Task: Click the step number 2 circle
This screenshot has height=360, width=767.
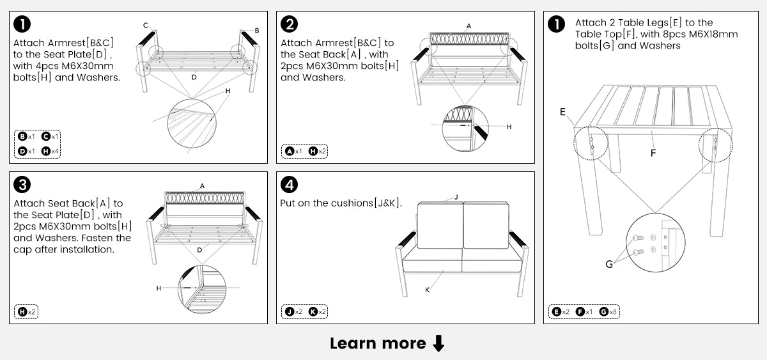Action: click(290, 25)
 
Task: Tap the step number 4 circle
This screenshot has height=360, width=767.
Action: click(290, 185)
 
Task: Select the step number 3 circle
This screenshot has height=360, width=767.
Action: click(22, 185)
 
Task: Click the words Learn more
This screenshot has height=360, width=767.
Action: click(378, 343)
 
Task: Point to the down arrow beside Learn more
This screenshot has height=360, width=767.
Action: click(438, 343)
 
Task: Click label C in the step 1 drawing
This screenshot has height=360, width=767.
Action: click(146, 26)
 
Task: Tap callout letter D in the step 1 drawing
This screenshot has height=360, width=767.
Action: click(194, 77)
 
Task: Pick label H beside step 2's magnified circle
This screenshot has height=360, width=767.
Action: click(509, 127)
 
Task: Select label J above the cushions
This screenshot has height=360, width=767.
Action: click(456, 198)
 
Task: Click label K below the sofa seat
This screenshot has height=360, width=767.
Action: click(427, 290)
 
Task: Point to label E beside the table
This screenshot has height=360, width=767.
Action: click(562, 112)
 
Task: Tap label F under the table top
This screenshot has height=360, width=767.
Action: click(653, 153)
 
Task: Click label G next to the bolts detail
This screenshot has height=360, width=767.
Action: click(609, 263)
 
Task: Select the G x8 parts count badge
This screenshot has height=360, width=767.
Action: click(608, 312)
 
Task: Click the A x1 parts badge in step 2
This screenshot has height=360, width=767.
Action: click(293, 152)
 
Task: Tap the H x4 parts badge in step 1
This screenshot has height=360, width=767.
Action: click(49, 152)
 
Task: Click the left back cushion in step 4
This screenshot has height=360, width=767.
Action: click(440, 225)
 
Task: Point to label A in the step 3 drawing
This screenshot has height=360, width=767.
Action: click(202, 186)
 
